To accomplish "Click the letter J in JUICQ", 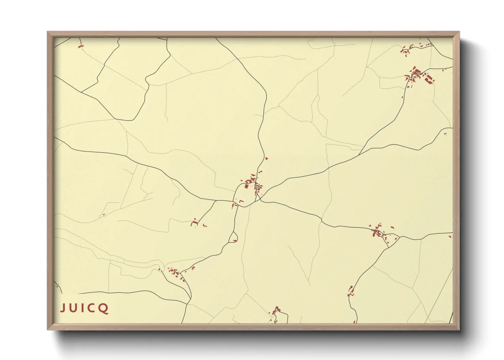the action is pyautogui.click(x=63, y=308).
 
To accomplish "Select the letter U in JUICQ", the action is pyautogui.click(x=74, y=308).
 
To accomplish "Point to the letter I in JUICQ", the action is pyautogui.click(x=83, y=308).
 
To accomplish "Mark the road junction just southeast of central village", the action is pyautogui.click(x=261, y=200).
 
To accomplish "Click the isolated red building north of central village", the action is pyautogui.click(x=266, y=158).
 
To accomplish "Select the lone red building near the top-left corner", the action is pyautogui.click(x=80, y=46).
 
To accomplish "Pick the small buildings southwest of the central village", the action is pyautogui.click(x=196, y=223).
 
